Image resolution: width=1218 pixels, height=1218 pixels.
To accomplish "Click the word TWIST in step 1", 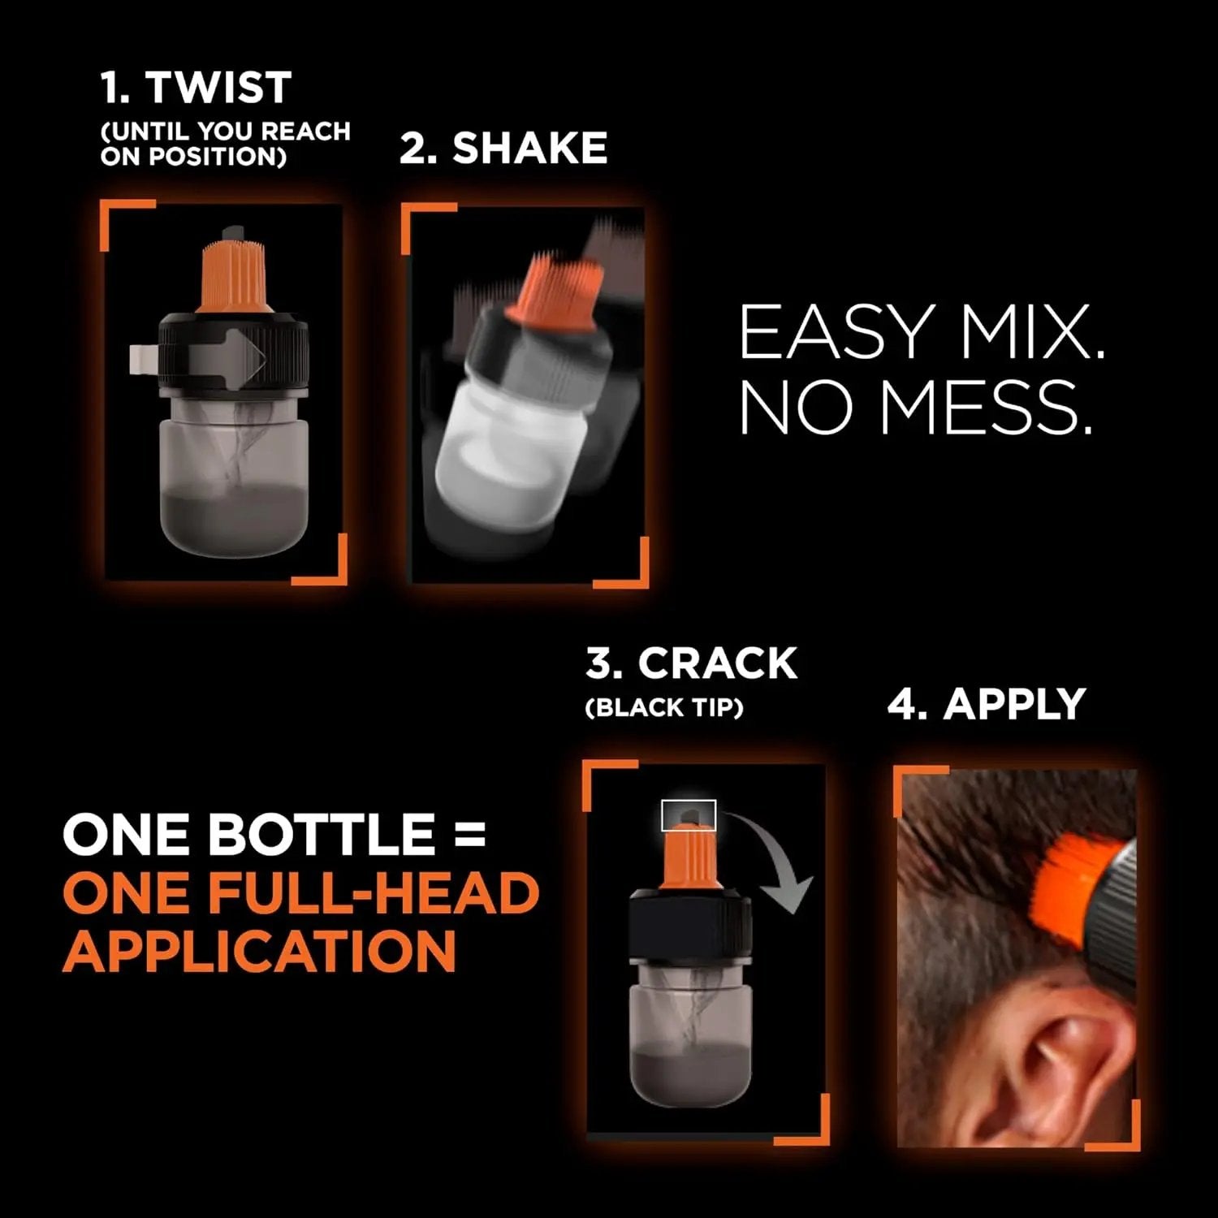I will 218,88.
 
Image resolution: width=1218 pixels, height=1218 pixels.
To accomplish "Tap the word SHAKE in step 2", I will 529,148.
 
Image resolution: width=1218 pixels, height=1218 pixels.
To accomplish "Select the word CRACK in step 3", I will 717,663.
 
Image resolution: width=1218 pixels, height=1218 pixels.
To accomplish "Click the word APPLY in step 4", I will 1014,704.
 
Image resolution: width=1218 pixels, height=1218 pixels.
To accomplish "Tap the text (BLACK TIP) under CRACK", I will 664,708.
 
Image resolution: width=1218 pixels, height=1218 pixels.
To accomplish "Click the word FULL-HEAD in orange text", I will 374,892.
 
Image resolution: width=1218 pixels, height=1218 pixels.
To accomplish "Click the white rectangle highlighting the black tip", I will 689,815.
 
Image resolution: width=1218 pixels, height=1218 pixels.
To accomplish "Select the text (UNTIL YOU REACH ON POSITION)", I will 225,143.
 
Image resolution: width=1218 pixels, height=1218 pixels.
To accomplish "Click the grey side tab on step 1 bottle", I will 143,359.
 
